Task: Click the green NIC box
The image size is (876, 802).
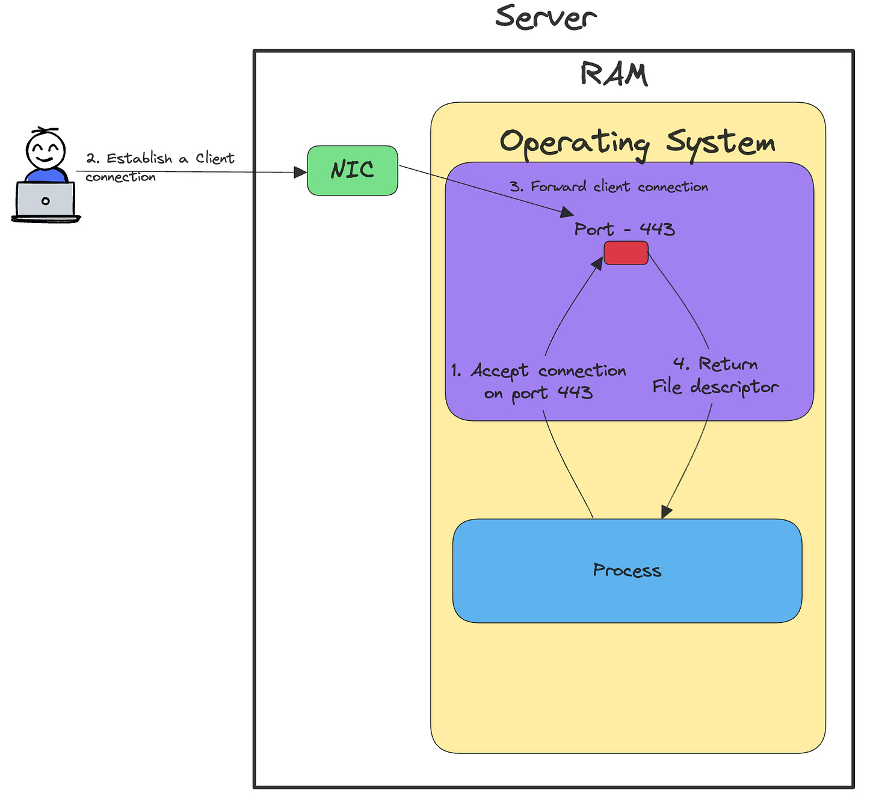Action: (353, 171)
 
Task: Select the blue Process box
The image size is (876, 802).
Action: (627, 571)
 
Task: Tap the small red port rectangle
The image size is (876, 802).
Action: (626, 253)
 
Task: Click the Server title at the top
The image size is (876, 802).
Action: (546, 17)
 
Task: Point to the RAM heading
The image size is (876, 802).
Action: (614, 74)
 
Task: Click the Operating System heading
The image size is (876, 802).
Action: (637, 144)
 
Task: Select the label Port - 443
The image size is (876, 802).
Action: (625, 229)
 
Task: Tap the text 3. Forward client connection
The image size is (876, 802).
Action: (609, 187)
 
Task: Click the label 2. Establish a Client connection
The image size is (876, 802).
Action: (160, 167)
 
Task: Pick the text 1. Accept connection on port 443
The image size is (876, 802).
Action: (538, 381)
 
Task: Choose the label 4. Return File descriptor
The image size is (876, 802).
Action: (715, 376)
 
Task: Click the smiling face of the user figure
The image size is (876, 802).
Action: (45, 150)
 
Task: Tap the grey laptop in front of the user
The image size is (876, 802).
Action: (45, 201)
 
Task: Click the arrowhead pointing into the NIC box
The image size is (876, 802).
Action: (300, 173)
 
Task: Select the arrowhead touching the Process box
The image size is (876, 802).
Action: (666, 512)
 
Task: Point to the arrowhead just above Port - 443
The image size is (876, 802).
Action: (567, 212)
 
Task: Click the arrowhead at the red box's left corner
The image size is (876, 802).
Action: (597, 263)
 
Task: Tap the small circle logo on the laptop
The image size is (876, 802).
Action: (45, 201)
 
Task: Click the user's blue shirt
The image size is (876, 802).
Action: (46, 176)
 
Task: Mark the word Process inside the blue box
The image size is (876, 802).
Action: (627, 571)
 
